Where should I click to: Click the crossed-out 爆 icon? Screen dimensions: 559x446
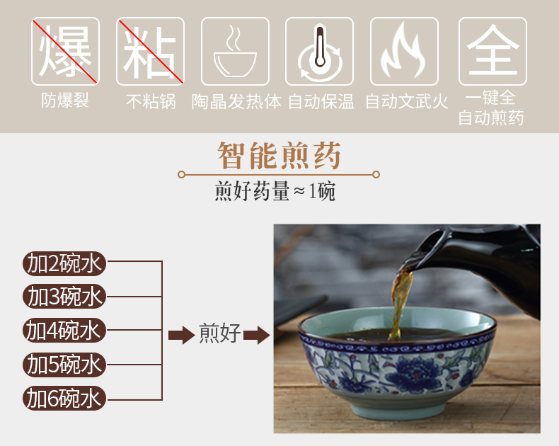[65, 52]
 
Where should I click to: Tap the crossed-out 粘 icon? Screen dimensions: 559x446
[150, 52]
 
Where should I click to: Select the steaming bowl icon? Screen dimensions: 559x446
[235, 52]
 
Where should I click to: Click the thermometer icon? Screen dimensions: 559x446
[319, 52]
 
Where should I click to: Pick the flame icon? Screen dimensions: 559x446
[404, 52]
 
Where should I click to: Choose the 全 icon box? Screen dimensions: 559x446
[492, 52]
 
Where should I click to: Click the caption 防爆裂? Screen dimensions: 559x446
[65, 101]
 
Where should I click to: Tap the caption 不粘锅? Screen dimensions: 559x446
[151, 101]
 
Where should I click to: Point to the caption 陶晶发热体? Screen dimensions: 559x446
[236, 102]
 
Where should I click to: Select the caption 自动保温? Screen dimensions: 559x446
[321, 102]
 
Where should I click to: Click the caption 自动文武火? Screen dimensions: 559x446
[407, 102]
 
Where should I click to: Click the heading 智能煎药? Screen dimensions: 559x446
[279, 155]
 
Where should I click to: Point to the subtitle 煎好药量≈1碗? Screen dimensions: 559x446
[275, 191]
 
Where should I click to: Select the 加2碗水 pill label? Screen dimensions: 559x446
[64, 263]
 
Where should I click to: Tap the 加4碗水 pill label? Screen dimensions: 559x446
[64, 331]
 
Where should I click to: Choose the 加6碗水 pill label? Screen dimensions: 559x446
[64, 398]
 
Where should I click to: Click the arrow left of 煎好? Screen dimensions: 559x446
[181, 335]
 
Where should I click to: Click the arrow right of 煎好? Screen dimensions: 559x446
[257, 335]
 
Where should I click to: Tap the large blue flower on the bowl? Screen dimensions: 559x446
[413, 373]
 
